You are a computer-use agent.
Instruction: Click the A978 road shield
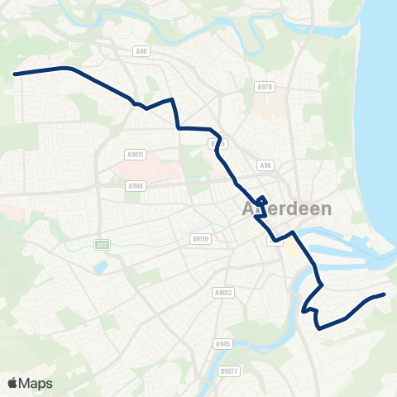point(265,87)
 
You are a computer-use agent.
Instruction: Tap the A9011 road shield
point(136,154)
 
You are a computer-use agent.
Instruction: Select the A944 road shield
point(136,186)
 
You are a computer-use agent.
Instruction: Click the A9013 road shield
point(222,292)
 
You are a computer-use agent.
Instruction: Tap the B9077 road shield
point(228,371)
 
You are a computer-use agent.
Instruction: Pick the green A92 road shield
point(101,245)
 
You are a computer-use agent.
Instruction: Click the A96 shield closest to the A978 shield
point(265,165)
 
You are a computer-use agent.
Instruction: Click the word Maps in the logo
point(36,383)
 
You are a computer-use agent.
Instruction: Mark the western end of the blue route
point(15,74)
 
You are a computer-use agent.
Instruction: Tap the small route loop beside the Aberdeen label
point(261,200)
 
